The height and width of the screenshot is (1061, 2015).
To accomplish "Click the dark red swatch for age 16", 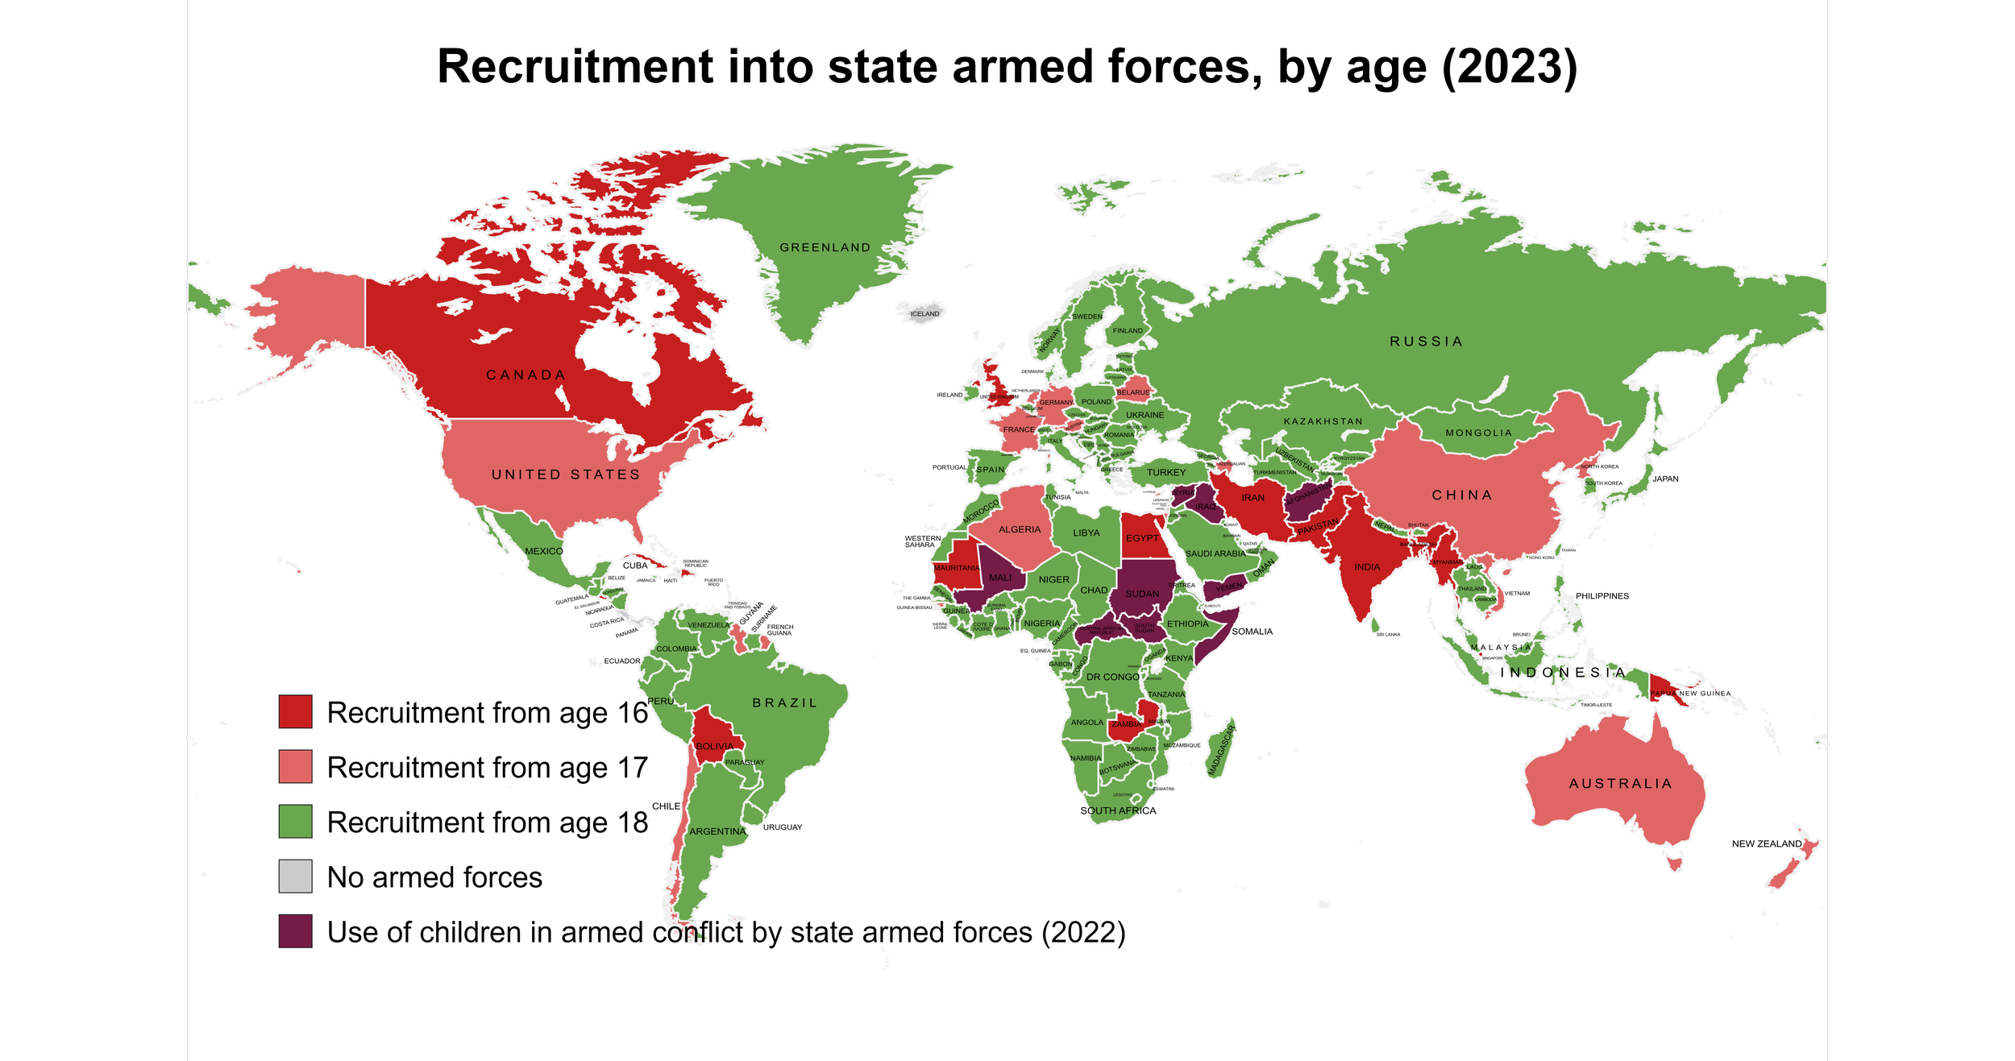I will [x=295, y=712].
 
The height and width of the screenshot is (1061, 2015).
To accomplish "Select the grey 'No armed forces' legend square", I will [x=295, y=877].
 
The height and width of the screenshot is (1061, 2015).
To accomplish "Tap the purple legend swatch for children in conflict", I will [x=295, y=931].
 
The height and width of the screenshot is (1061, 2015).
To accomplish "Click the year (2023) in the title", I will [x=1508, y=67].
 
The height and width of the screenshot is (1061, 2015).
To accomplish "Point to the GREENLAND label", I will [x=825, y=248].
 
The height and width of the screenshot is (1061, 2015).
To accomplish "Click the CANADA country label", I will [x=526, y=375].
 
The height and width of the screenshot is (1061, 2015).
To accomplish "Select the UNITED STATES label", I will [x=566, y=475].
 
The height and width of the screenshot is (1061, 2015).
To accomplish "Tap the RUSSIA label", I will [x=1426, y=342].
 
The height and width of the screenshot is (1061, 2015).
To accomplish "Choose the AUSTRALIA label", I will [x=1620, y=784].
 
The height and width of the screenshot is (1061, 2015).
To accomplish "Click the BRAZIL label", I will [x=784, y=703].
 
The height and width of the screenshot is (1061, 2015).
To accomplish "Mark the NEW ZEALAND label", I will [x=1766, y=844].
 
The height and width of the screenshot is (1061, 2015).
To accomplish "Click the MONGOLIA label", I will [x=1478, y=433].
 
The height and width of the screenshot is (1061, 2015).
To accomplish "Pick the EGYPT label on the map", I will [x=1142, y=538].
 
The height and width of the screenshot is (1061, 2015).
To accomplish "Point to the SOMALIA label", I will [x=1252, y=632].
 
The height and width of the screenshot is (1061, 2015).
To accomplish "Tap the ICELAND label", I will [x=924, y=314].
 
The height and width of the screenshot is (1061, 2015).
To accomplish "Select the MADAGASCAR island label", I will [x=1221, y=751].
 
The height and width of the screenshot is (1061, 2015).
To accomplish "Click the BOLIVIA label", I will [x=714, y=747].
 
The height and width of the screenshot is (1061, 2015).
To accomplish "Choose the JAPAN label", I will [x=1665, y=479].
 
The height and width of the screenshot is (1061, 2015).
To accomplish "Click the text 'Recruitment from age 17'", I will [x=487, y=768].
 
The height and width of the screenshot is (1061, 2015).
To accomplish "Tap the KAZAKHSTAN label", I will [x=1323, y=422].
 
